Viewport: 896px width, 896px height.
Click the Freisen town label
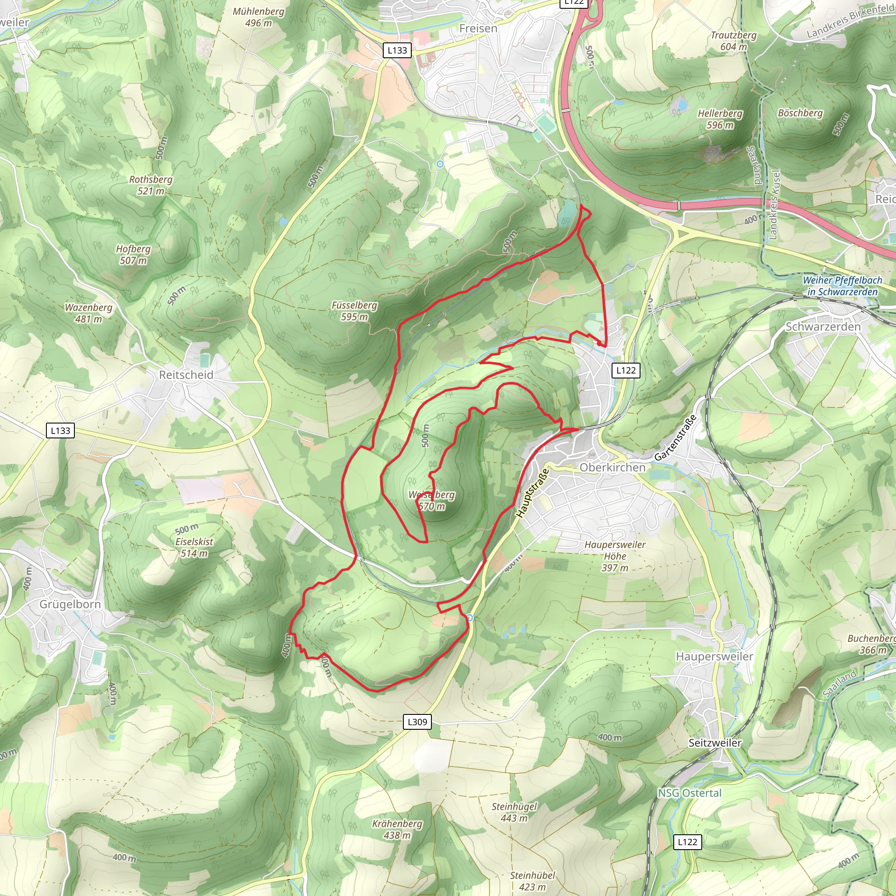[478, 28]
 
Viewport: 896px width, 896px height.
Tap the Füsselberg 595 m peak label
[354, 311]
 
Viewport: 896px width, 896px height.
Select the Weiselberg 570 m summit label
[431, 500]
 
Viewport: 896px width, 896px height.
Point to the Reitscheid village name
[186, 375]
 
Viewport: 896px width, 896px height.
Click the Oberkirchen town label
[612, 468]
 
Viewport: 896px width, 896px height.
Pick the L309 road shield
[417, 721]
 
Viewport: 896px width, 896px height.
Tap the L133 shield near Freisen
[397, 50]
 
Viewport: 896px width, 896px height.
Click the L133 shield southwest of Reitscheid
[60, 430]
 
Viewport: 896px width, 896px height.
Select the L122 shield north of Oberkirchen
[626, 370]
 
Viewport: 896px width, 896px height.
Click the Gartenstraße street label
[675, 438]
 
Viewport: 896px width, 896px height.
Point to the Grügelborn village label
[70, 604]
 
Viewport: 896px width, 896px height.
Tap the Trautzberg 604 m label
[733, 41]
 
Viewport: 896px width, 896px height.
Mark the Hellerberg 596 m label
[720, 119]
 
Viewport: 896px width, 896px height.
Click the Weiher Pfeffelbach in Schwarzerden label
[842, 286]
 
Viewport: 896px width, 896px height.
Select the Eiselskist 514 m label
[194, 547]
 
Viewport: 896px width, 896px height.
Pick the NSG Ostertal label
[689, 793]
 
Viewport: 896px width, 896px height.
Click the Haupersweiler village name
[714, 656]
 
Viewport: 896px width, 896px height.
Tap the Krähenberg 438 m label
[397, 829]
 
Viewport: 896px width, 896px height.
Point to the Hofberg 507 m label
[133, 254]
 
